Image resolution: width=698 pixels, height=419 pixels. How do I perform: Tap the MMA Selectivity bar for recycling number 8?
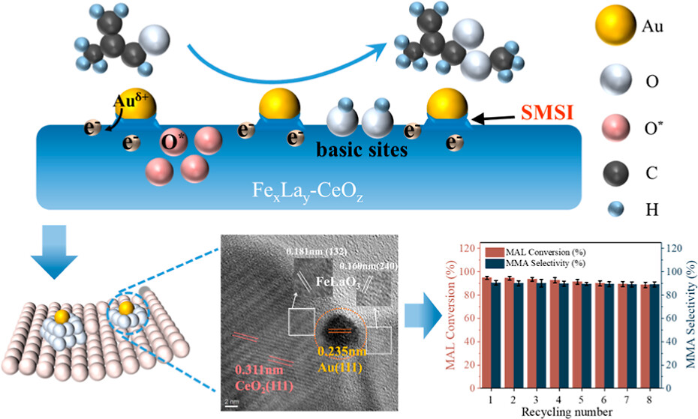(655, 336)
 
